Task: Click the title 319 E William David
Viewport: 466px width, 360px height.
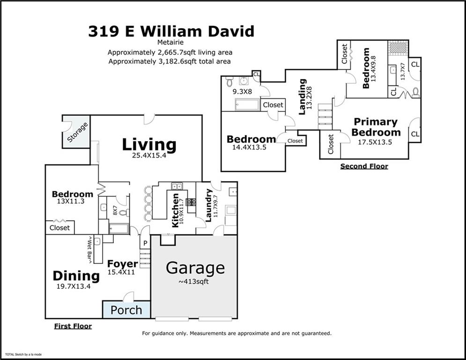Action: pyautogui.click(x=171, y=31)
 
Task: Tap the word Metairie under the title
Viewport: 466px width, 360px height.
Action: pyautogui.click(x=170, y=43)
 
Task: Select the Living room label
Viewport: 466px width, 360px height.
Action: pyautogui.click(x=149, y=144)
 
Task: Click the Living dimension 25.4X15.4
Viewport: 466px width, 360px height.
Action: pyautogui.click(x=149, y=156)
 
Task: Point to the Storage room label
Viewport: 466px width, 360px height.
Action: pyautogui.click(x=77, y=132)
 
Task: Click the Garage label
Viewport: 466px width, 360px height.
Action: pyautogui.click(x=195, y=268)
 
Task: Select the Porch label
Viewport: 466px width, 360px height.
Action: pyautogui.click(x=126, y=310)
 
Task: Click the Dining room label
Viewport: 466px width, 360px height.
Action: pyautogui.click(x=76, y=276)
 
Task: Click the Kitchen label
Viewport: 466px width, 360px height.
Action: pyautogui.click(x=175, y=210)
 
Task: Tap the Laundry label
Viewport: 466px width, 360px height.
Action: pyautogui.click(x=209, y=205)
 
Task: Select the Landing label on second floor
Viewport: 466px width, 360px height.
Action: pyautogui.click(x=302, y=97)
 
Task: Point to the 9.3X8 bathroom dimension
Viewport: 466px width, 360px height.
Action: pyautogui.click(x=243, y=92)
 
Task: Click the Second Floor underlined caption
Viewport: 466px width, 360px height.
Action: pyautogui.click(x=364, y=166)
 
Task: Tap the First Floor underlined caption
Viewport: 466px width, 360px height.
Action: pyautogui.click(x=73, y=326)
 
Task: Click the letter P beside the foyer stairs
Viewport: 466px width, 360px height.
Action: pyautogui.click(x=145, y=243)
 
